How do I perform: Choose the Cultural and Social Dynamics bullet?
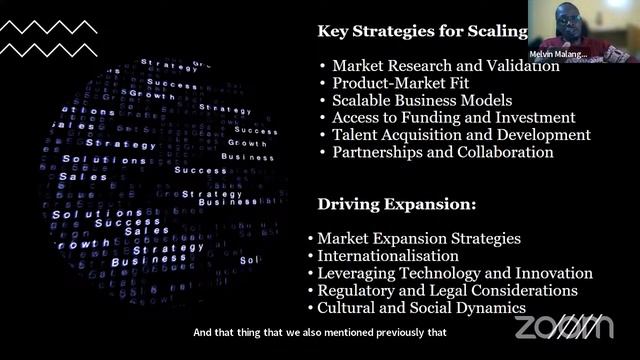coord(421,308)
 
